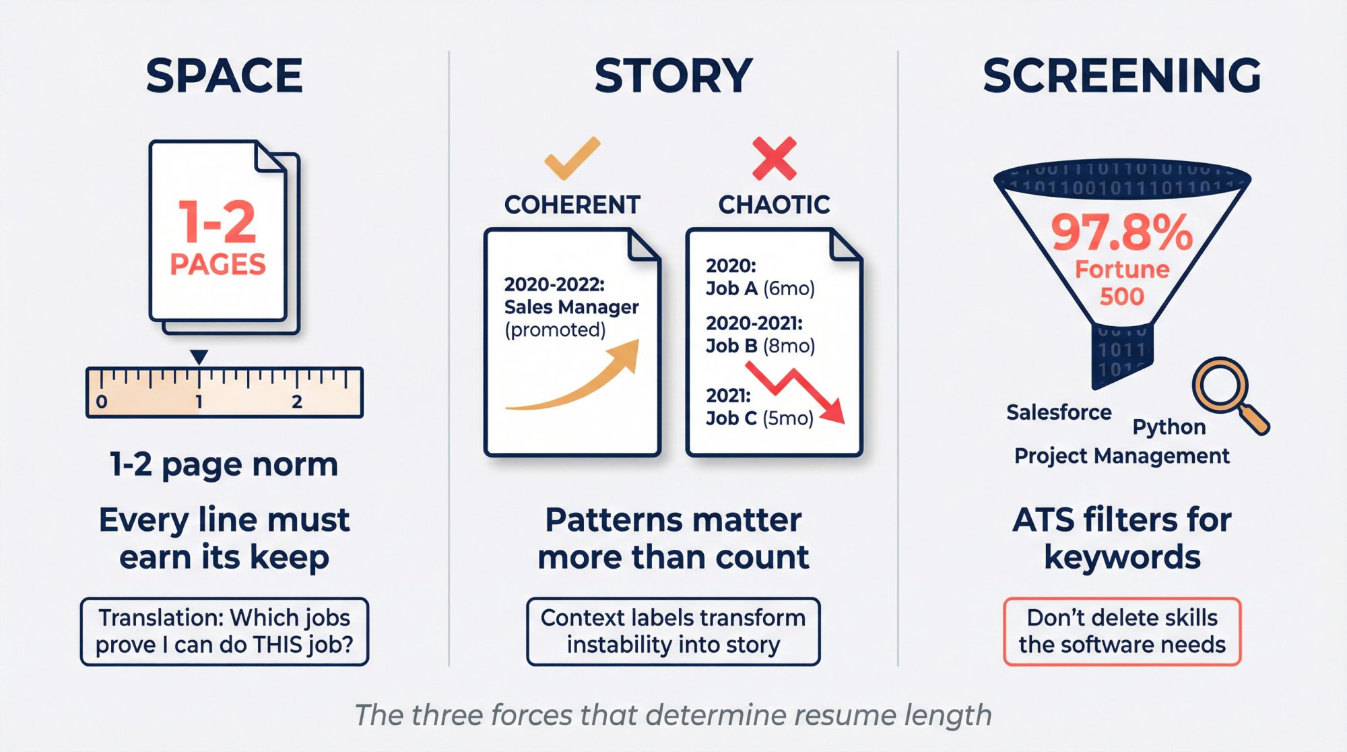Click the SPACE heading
pos(224,75)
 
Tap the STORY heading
pos(673,75)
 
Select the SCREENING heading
pos(1121,75)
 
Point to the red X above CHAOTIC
pos(774,158)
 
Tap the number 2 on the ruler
pos(297,402)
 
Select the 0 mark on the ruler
pos(102,402)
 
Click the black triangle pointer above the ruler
pos(199,356)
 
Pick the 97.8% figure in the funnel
pos(1121,232)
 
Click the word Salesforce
pos(1059,412)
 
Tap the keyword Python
pos(1169,427)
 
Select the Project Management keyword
pos(1121,456)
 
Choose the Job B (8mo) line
pos(760,346)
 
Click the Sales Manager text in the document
pos(571,307)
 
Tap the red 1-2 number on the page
pos(218,222)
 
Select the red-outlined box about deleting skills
pos(1121,631)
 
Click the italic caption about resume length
pos(673,715)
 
